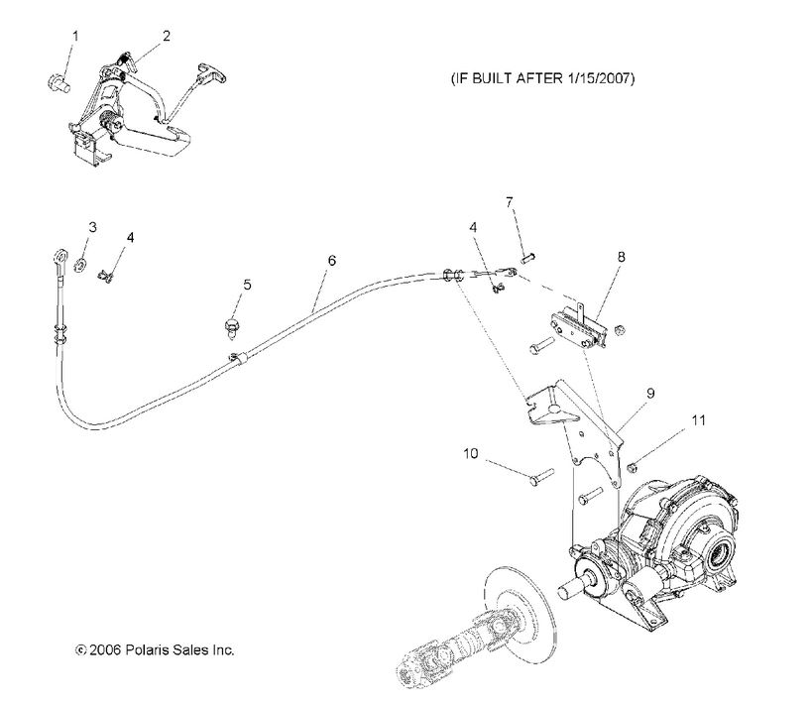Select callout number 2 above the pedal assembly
click(166, 36)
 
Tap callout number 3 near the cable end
click(91, 228)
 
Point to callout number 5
click(247, 285)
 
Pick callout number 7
click(510, 202)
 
